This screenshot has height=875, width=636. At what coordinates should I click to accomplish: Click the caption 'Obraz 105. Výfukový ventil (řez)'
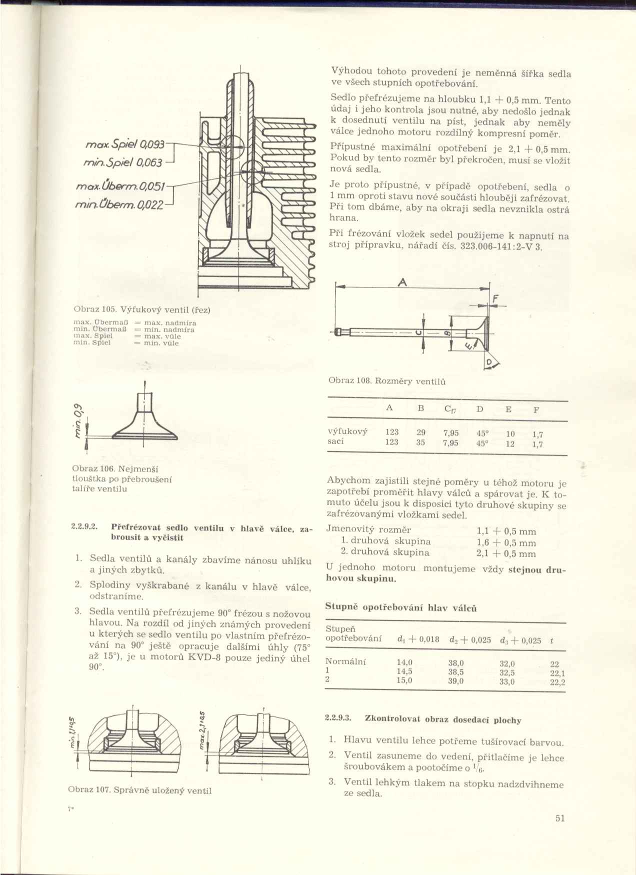pyautogui.click(x=141, y=309)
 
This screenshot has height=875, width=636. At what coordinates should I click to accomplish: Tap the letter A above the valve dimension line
pyautogui.click(x=401, y=283)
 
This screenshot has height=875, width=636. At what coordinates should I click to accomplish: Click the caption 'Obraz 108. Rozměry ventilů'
pyautogui.click(x=387, y=381)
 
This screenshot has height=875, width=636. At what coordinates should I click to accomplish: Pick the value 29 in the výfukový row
pyautogui.click(x=421, y=432)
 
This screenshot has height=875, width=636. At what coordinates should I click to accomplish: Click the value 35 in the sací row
pyautogui.click(x=421, y=442)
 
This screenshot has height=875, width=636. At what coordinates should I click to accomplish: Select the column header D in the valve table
pyautogui.click(x=479, y=409)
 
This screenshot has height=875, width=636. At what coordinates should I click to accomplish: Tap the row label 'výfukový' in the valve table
pyautogui.click(x=347, y=431)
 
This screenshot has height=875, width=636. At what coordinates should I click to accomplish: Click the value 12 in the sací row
pyautogui.click(x=510, y=443)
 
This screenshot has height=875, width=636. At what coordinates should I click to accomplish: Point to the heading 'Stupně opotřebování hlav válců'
pyautogui.click(x=401, y=608)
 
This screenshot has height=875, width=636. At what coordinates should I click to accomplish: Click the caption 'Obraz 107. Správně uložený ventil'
pyautogui.click(x=139, y=790)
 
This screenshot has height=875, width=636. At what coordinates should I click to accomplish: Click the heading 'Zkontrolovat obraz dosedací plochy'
pyautogui.click(x=443, y=720)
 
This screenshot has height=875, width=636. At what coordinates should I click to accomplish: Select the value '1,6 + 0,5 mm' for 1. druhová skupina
pyautogui.click(x=506, y=543)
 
